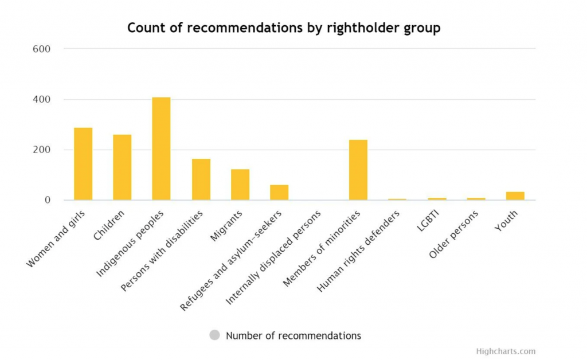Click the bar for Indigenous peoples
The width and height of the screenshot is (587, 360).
pyautogui.click(x=161, y=149)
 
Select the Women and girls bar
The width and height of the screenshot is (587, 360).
pyautogui.click(x=83, y=164)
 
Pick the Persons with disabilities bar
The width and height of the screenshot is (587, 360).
pyautogui.click(x=201, y=179)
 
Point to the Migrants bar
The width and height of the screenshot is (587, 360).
pyautogui.click(x=240, y=185)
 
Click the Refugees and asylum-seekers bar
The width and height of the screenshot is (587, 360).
pyautogui.click(x=279, y=193)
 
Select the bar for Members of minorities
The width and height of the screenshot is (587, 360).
pyautogui.click(x=358, y=170)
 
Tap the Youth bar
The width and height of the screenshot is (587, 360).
pyautogui.click(x=515, y=196)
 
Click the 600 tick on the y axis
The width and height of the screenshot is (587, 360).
pyautogui.click(x=42, y=49)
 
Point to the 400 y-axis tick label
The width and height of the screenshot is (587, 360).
pyautogui.click(x=42, y=99)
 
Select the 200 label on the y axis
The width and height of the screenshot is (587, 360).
pyautogui.click(x=42, y=150)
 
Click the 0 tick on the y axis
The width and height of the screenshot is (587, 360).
pyautogui.click(x=48, y=200)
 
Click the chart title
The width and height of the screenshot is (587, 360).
pyautogui.click(x=284, y=28)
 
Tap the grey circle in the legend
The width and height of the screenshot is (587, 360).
pyautogui.click(x=214, y=335)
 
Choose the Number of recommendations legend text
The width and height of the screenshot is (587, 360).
pyautogui.click(x=293, y=335)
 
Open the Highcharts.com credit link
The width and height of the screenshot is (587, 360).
pyautogui.click(x=506, y=351)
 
